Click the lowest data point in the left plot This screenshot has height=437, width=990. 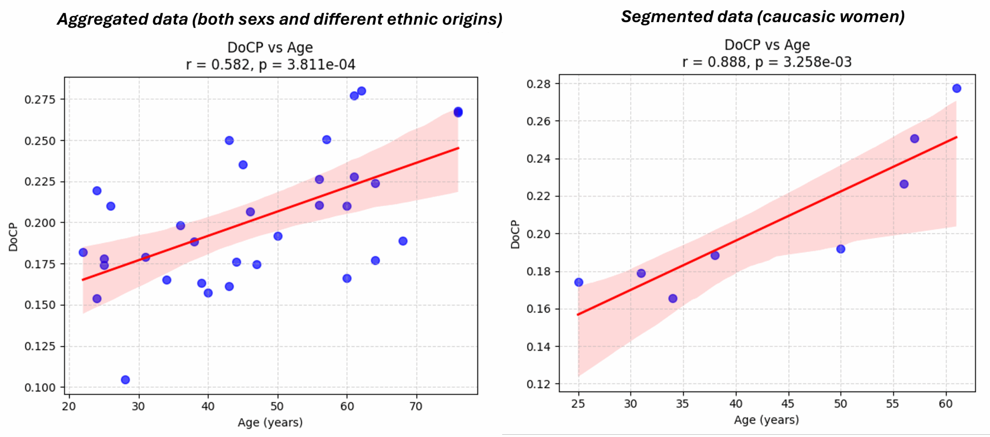click(x=125, y=380)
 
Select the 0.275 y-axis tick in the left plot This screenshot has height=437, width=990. click(x=40, y=99)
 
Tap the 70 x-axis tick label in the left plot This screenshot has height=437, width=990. click(x=416, y=406)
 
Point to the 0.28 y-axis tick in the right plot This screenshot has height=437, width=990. click(x=538, y=84)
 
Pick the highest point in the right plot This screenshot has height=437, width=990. click(x=957, y=89)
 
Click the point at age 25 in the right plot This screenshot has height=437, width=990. click(x=579, y=282)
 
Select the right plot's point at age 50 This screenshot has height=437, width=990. click(x=841, y=249)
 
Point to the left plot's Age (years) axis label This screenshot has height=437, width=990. click(x=270, y=423)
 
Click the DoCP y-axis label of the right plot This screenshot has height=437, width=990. click(x=515, y=234)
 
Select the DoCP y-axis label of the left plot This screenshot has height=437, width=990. click(x=13, y=237)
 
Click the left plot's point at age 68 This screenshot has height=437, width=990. click(x=403, y=241)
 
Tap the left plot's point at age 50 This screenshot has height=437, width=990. click(x=278, y=236)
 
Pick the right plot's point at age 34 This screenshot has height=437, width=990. click(x=673, y=299)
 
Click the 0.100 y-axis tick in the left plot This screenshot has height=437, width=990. click(x=40, y=387)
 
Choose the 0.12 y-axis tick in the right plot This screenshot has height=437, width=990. click(x=538, y=384)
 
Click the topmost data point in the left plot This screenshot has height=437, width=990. click(x=362, y=91)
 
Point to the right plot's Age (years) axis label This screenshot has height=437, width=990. click(x=766, y=420)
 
